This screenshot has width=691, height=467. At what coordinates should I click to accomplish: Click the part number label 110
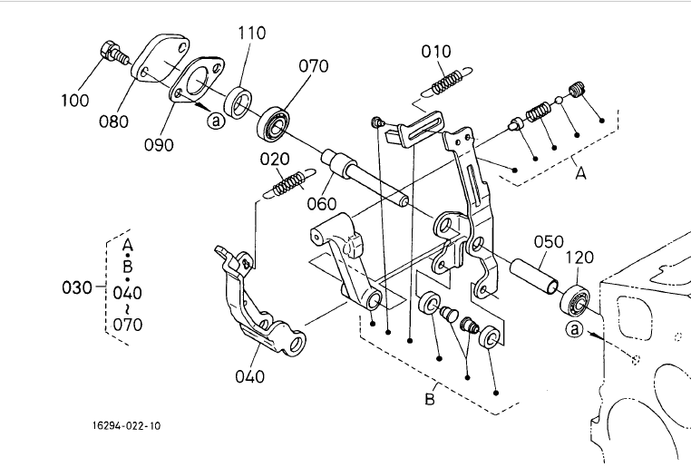251,33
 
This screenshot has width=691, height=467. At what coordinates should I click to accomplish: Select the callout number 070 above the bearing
314,66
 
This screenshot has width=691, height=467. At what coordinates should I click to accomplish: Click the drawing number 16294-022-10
126,426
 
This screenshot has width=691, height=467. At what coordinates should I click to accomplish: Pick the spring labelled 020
289,182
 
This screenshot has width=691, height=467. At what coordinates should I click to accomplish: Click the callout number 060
322,204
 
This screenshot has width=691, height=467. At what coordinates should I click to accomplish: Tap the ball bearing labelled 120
575,299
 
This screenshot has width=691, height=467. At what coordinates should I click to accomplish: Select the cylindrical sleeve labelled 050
534,277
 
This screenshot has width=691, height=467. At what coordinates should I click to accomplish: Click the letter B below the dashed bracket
430,399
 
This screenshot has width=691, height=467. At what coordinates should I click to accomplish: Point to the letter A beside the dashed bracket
581,173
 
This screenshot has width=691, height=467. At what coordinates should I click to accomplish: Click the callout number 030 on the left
77,287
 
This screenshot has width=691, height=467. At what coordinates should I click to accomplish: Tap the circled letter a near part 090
216,121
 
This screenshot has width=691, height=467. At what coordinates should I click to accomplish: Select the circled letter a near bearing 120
575,329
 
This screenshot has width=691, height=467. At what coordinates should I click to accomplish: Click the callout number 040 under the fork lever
250,376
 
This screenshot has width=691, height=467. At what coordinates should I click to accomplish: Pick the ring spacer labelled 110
238,103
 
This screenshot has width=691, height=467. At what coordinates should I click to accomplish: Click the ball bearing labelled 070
274,123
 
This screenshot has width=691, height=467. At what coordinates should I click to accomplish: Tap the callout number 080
113,122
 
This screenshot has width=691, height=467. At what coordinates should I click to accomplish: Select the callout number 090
159,145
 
